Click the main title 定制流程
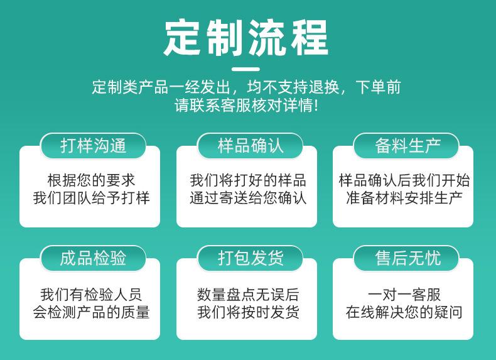pyautogui.click(x=246, y=38)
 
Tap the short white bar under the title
pyautogui.click(x=245, y=69)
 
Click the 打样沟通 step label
pyautogui.click(x=93, y=146)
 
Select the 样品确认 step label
pyautogui.click(x=250, y=146)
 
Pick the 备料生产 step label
pyautogui.click(x=407, y=146)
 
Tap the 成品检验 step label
pyautogui.click(x=93, y=258)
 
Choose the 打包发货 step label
pyautogui.click(x=250, y=258)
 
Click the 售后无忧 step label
pyautogui.click(x=407, y=258)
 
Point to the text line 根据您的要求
pyautogui.click(x=91, y=180)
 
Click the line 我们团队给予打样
pyautogui.click(x=91, y=198)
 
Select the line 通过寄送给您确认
pyautogui.click(x=248, y=198)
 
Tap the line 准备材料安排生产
pyautogui.click(x=404, y=198)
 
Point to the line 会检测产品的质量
pyautogui.click(x=91, y=312)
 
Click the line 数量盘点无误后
pyautogui.click(x=248, y=295)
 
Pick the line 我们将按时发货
pyautogui.click(x=248, y=312)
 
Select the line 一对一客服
pyautogui.click(x=404, y=295)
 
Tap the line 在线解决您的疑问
pyautogui.click(x=404, y=312)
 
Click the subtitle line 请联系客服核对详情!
pyautogui.click(x=246, y=105)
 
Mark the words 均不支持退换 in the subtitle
pyautogui.click(x=293, y=87)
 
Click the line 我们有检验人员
pyautogui.click(x=91, y=295)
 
